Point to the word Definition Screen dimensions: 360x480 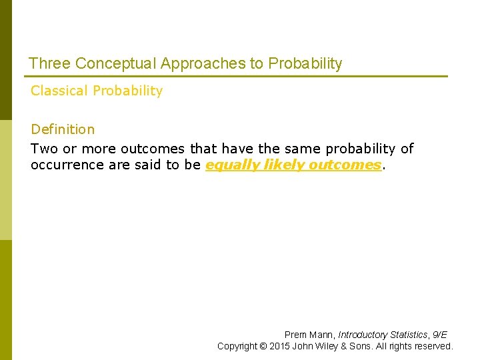pos(63,129)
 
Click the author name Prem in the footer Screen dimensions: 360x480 pos(295,335)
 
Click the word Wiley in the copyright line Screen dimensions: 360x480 pos(334,346)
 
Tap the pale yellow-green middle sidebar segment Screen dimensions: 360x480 pos(5,180)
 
